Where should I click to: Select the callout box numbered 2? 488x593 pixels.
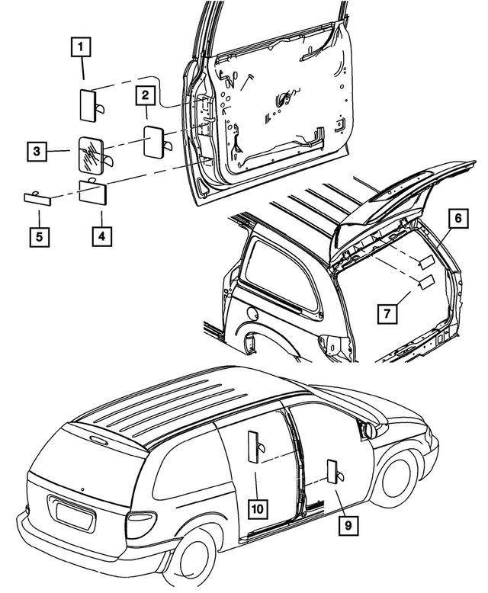point(146,96)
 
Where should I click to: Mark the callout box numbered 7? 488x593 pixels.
point(387,312)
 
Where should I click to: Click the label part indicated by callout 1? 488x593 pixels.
point(89,103)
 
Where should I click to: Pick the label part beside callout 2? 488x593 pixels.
point(156,140)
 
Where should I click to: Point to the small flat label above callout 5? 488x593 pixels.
point(40,197)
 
